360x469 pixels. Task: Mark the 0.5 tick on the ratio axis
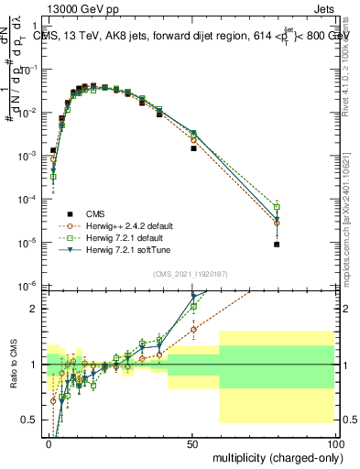(x=33, y=420)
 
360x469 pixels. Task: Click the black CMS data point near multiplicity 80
(x=277, y=245)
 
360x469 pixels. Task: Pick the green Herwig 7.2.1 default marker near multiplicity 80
(x=277, y=207)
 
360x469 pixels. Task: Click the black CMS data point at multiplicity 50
(x=193, y=147)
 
